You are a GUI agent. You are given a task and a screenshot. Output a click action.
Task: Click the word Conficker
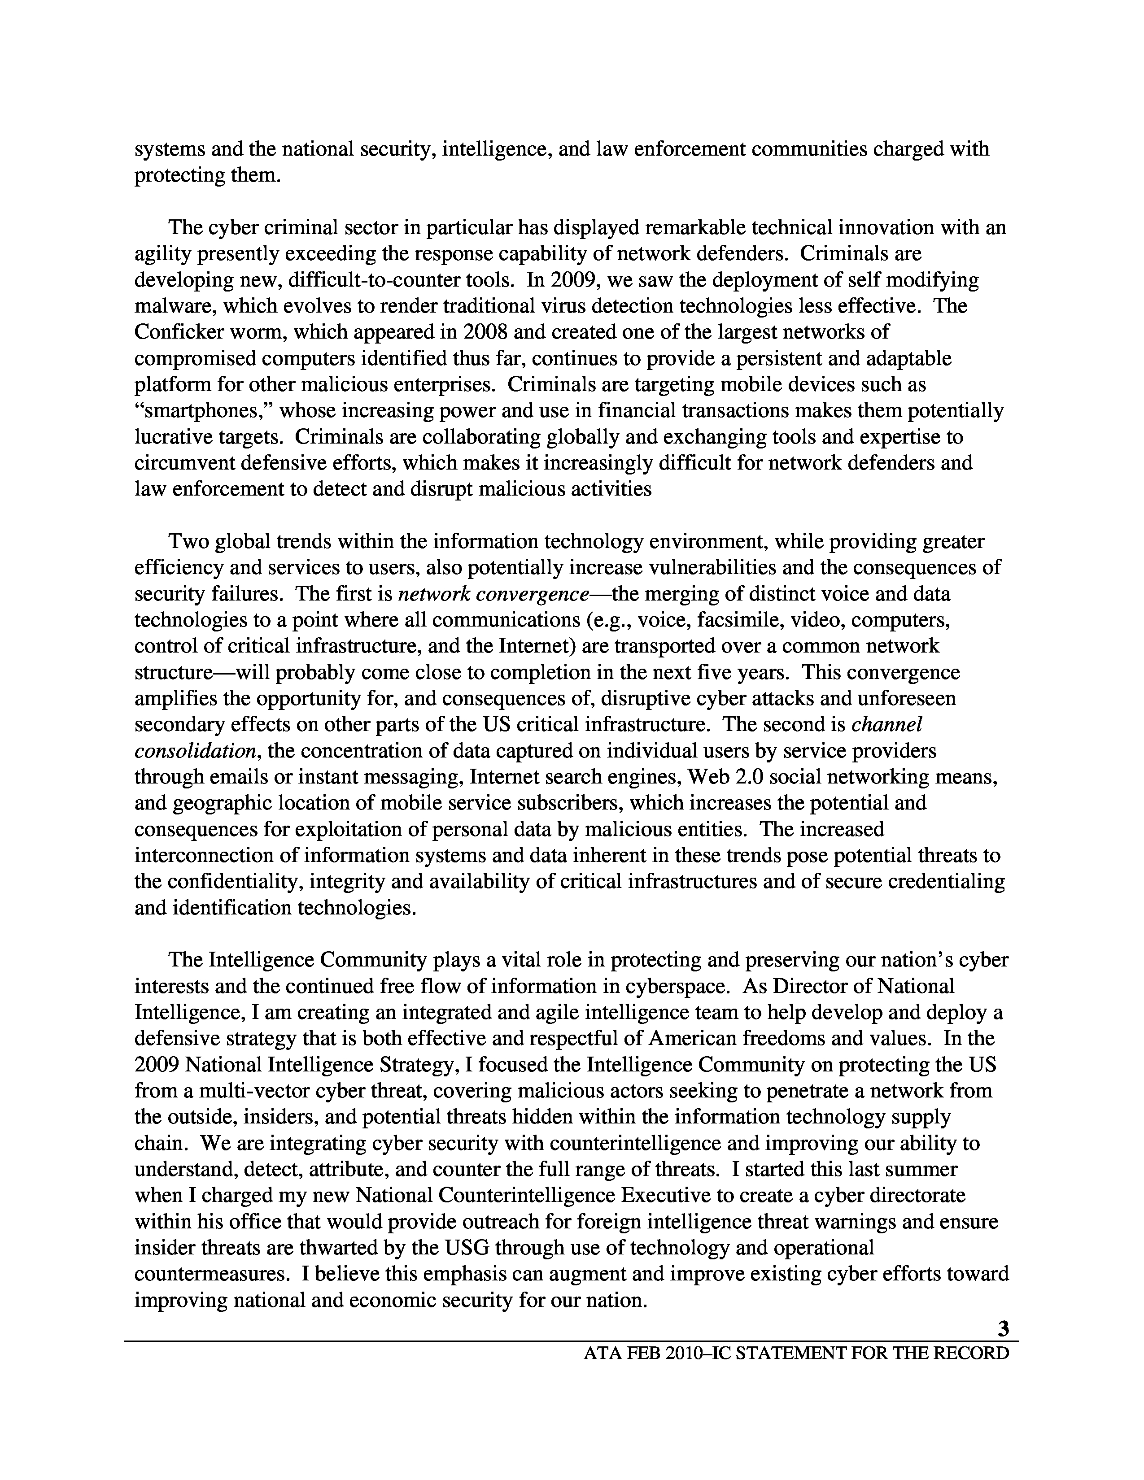(178, 332)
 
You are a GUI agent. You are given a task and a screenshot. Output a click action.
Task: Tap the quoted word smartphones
(203, 411)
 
